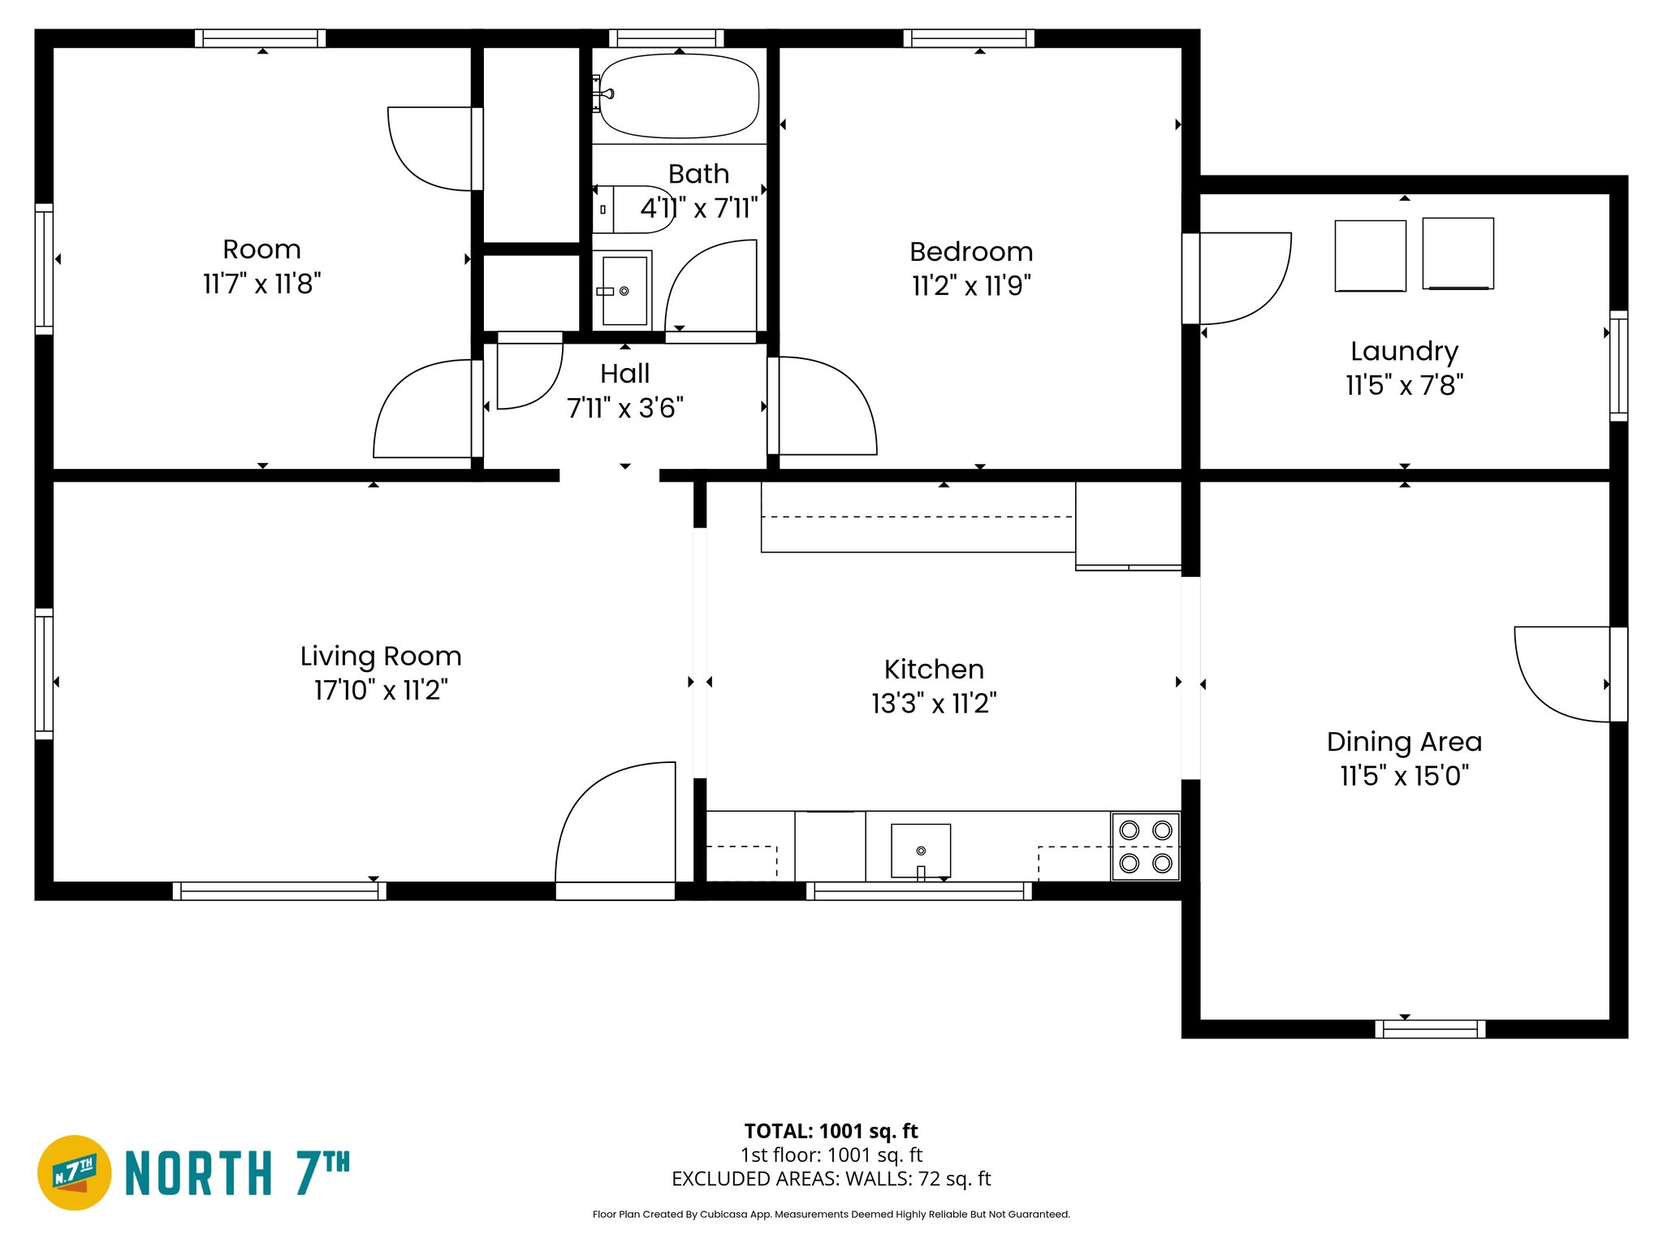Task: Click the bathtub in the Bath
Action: pyautogui.click(x=679, y=96)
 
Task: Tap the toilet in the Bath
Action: pyautogui.click(x=633, y=210)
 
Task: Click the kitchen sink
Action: pyautogui.click(x=920, y=850)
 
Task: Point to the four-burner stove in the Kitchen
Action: pyautogui.click(x=1145, y=846)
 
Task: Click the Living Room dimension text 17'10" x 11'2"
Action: pyautogui.click(x=381, y=691)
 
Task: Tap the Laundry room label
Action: pyautogui.click(x=1404, y=351)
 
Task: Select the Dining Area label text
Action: pyautogui.click(x=1404, y=742)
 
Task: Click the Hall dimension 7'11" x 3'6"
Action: pyautogui.click(x=624, y=408)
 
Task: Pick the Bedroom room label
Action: pyautogui.click(x=971, y=252)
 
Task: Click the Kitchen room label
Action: pyautogui.click(x=934, y=669)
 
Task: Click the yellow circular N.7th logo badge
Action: pyautogui.click(x=75, y=1172)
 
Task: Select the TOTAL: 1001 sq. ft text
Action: pyautogui.click(x=831, y=1131)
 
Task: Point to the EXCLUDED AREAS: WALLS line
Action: pyautogui.click(x=831, y=1179)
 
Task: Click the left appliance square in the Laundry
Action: pyautogui.click(x=1370, y=255)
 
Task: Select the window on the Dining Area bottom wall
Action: pyautogui.click(x=1430, y=1029)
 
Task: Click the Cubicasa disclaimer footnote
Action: pyautogui.click(x=831, y=1215)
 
